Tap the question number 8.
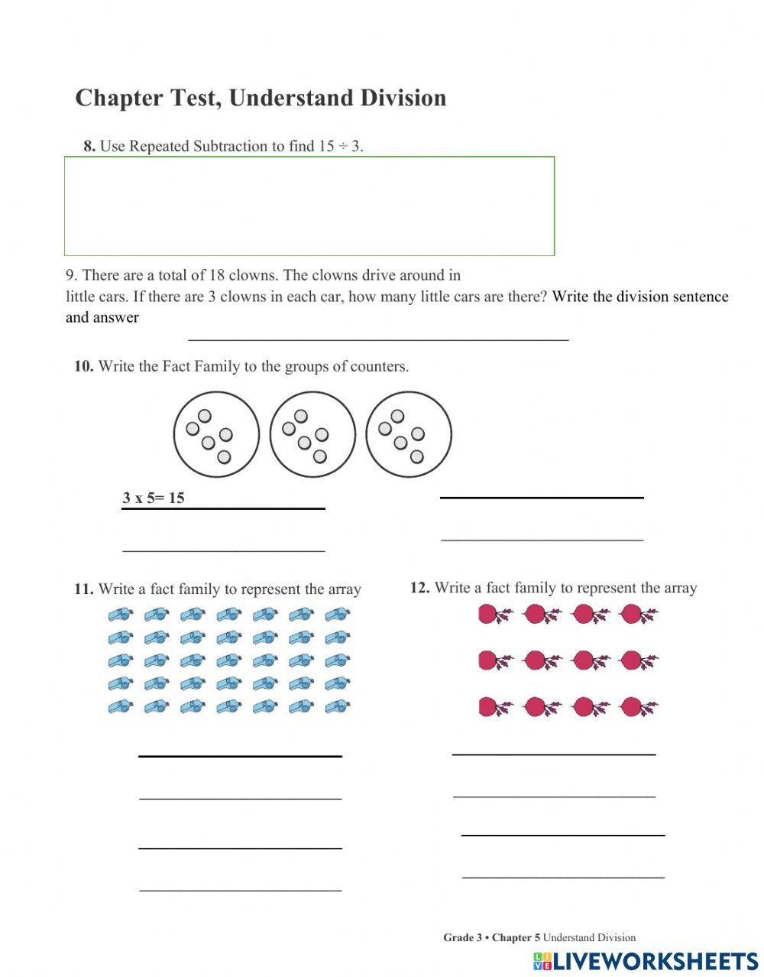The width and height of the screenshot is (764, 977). (89, 146)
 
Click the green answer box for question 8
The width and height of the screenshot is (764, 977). (309, 206)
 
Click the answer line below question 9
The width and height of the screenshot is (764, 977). (378, 338)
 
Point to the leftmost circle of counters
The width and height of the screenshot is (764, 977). (216, 434)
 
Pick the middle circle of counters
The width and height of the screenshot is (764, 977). (312, 434)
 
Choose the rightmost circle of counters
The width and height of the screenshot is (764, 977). (409, 434)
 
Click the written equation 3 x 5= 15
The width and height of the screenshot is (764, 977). (154, 498)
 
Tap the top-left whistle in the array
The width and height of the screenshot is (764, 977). (120, 614)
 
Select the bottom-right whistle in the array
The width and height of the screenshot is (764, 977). (337, 707)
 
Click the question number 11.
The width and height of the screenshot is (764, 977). (83, 589)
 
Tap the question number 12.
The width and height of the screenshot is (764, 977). (419, 588)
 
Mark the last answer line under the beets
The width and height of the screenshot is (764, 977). (563, 877)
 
